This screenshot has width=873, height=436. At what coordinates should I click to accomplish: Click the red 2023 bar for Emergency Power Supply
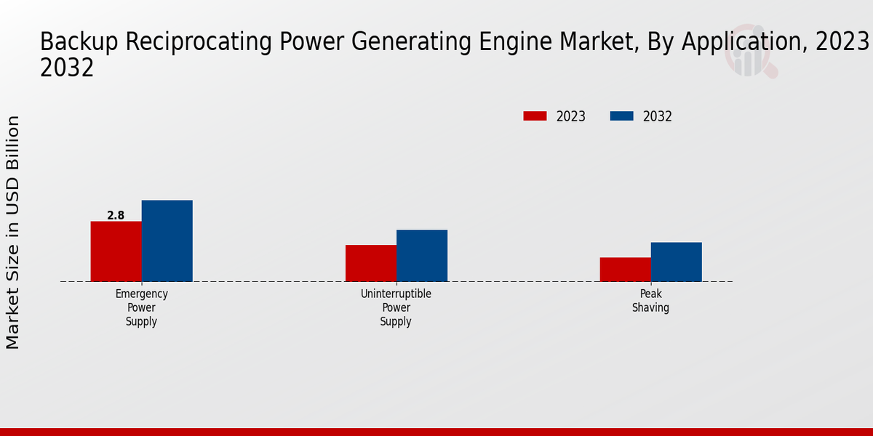point(116,251)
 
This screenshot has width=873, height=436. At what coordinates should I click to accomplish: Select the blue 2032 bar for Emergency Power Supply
point(167,241)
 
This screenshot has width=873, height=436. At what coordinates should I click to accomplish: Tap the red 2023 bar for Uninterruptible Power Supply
point(371,263)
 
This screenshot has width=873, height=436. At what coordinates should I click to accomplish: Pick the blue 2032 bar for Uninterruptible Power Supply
point(422,256)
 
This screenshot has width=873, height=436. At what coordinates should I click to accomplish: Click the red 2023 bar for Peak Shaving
point(625,270)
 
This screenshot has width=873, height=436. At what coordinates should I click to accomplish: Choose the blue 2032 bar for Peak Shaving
point(676,262)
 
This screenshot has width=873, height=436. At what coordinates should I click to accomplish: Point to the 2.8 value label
point(116,215)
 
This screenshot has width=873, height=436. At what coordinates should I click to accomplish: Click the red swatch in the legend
point(535,116)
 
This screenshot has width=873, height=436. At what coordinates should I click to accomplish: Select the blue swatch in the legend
point(621,116)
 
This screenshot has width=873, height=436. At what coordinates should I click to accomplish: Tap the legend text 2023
point(571,116)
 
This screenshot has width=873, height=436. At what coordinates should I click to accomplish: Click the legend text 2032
point(658,116)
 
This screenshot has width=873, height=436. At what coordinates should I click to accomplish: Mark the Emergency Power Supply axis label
point(141,307)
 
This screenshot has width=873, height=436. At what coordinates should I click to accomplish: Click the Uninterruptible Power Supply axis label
point(396,307)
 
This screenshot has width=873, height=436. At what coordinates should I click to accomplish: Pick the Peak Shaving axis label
point(650,301)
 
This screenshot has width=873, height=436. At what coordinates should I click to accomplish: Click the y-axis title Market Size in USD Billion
point(13,233)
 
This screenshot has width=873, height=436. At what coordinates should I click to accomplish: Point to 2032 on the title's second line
point(67,68)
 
